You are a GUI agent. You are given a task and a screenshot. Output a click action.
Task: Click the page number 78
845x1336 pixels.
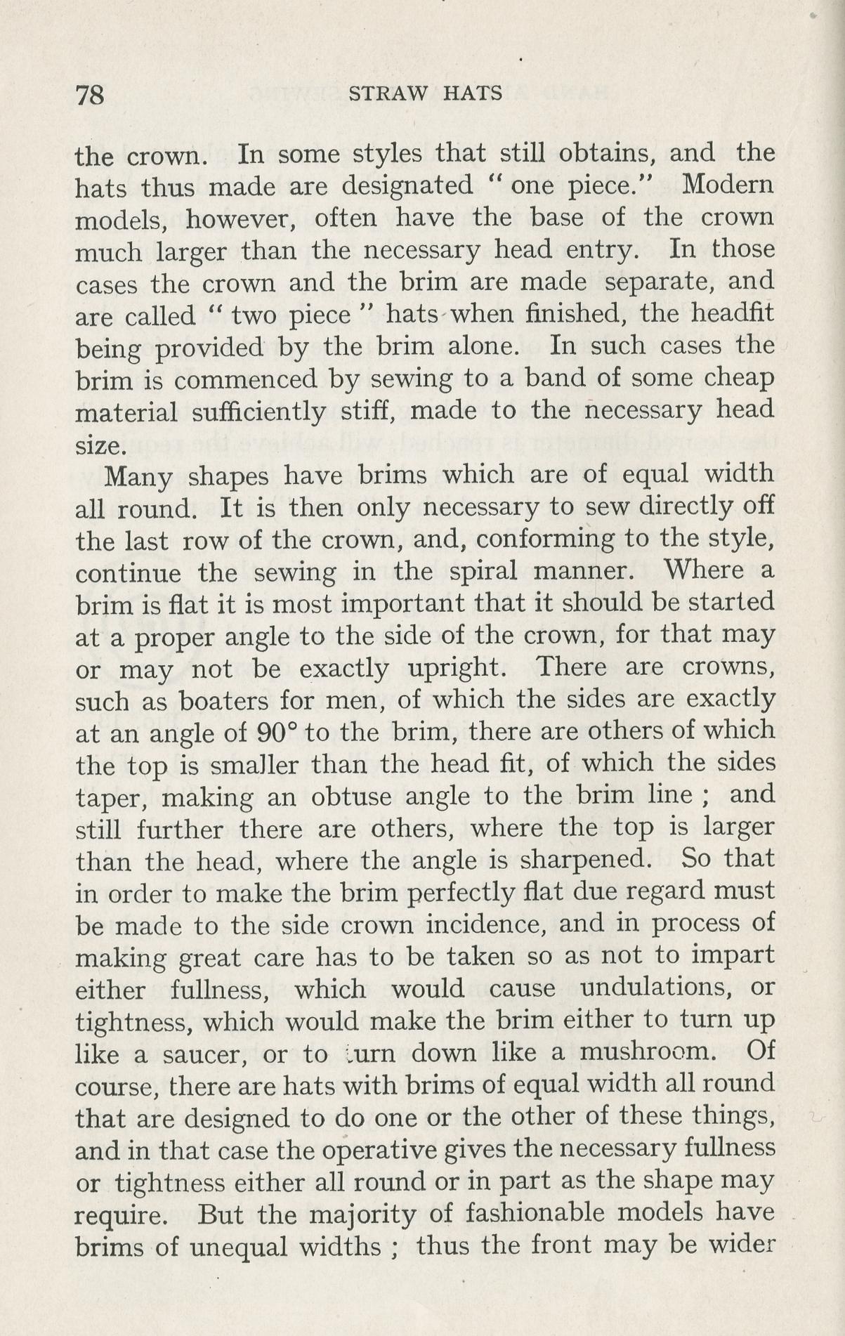pyautogui.click(x=89, y=94)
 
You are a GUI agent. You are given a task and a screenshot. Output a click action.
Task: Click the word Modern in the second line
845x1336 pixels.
pyautogui.click(x=728, y=185)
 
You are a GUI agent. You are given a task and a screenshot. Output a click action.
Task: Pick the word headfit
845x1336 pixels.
pyautogui.click(x=733, y=313)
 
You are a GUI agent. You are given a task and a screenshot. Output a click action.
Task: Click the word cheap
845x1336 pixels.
pyautogui.click(x=738, y=378)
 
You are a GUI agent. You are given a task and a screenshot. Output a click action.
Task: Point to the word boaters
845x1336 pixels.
pyautogui.click(x=224, y=700)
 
